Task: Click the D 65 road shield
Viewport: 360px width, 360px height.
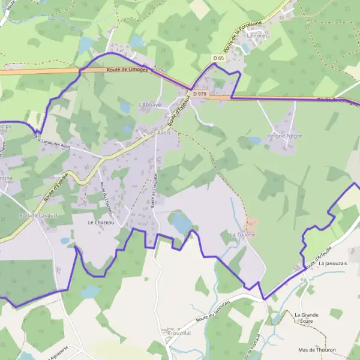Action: pos(218,58)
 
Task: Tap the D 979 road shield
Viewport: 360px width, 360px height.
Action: pos(200,94)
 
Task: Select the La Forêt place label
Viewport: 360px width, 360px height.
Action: pos(257,35)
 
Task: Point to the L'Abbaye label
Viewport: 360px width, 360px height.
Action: pos(150,104)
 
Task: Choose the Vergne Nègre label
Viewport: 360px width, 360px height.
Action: pos(267,136)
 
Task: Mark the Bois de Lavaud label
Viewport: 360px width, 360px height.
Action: pos(38,215)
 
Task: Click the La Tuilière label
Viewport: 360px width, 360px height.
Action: pos(243,235)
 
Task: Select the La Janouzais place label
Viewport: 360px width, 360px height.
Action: pos(333,263)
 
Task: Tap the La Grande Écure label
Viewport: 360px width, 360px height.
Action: pos(306,317)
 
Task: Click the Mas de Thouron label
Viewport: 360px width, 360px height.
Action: pos(317,350)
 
